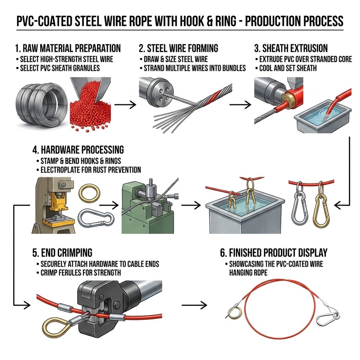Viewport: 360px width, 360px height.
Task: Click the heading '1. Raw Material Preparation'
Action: [68, 48]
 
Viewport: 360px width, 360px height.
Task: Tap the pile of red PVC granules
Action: [91, 110]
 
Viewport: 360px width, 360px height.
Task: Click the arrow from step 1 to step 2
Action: [125, 105]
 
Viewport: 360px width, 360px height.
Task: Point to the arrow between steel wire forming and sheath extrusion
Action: [240, 105]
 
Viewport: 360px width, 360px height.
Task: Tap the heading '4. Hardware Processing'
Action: [78, 150]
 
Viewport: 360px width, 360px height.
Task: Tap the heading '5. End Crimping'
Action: [62, 252]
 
